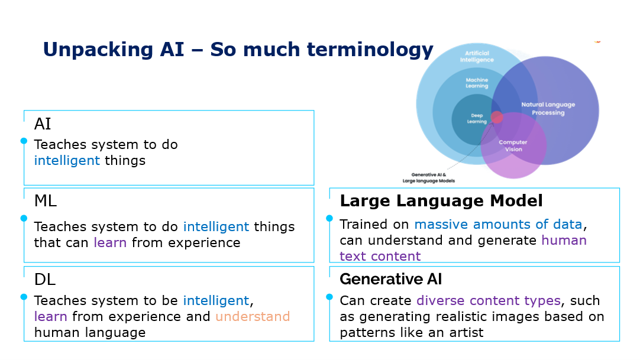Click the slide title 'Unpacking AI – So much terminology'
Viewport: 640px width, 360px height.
238,49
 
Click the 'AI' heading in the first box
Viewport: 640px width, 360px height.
43,124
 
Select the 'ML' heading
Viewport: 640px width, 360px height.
46,202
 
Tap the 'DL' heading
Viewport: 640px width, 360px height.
44,279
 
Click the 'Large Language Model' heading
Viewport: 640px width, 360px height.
441,201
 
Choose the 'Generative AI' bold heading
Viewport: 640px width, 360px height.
390,279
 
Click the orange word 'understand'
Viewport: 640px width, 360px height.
253,316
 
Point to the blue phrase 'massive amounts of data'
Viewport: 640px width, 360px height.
498,225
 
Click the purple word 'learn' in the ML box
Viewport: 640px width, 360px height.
110,242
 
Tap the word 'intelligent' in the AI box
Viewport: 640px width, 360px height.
67,160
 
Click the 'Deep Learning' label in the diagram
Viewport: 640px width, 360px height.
477,119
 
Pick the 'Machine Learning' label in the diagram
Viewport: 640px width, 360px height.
477,83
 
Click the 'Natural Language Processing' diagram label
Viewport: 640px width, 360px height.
548,109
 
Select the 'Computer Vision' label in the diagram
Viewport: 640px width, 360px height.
513,145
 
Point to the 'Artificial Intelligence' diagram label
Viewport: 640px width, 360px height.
476,57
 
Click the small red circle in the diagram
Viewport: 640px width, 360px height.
497,117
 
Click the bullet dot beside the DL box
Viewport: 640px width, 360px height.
24,297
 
